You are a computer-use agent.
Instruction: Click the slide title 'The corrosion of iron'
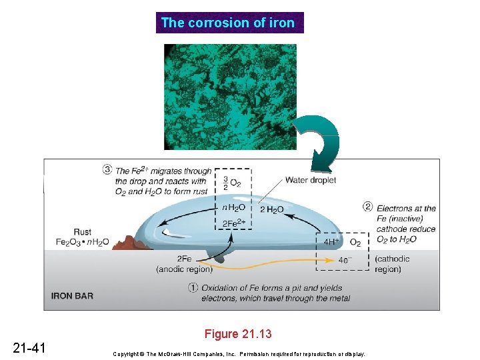(229, 23)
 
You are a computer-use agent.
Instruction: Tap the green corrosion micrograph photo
(231, 97)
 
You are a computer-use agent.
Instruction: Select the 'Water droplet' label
(310, 179)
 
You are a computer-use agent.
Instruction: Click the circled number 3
(107, 169)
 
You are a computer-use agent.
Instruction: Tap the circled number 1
(192, 288)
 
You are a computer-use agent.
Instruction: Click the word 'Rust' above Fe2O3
(82, 232)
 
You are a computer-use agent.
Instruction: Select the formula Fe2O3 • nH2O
(83, 242)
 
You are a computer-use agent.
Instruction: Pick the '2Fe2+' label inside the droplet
(233, 223)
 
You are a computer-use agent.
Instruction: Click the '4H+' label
(332, 241)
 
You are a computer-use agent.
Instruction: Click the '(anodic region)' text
(184, 269)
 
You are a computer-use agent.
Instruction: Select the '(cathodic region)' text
(392, 264)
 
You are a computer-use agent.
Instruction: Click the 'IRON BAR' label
(73, 296)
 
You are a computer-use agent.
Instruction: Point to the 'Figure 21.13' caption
(238, 334)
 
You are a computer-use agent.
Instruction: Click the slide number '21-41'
(29, 347)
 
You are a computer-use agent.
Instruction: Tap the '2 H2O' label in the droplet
(271, 210)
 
